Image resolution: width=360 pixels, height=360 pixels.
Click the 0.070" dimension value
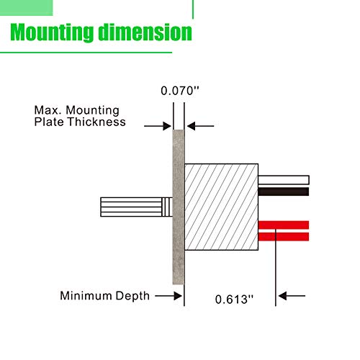tap(180, 91)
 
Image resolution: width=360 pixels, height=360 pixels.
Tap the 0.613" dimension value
tap(234, 300)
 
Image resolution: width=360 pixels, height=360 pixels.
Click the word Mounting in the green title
tap(52, 32)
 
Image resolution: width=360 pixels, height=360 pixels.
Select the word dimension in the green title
tap(145, 32)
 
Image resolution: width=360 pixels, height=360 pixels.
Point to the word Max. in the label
tap(49, 110)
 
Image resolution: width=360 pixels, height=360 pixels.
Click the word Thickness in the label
tap(96, 122)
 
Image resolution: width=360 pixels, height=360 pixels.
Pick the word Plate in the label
tap(49, 122)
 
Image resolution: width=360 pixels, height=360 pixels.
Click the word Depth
tap(132, 296)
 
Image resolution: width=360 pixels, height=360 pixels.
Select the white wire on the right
tap(284, 180)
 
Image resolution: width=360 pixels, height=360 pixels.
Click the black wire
tap(284, 192)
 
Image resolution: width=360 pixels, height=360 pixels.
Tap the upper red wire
tap(284, 225)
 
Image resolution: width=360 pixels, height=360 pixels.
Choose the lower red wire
tap(284, 237)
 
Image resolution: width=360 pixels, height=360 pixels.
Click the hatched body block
tap(221, 207)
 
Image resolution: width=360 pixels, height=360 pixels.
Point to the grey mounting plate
tap(179, 207)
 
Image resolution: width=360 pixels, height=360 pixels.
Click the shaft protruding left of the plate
tap(136, 207)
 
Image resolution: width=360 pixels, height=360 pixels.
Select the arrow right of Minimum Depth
tap(168, 296)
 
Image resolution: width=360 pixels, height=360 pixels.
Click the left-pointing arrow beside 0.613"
tap(292, 296)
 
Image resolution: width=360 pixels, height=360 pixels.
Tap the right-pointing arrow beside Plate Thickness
tap(158, 126)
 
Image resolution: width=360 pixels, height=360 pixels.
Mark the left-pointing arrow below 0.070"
tap(201, 126)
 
